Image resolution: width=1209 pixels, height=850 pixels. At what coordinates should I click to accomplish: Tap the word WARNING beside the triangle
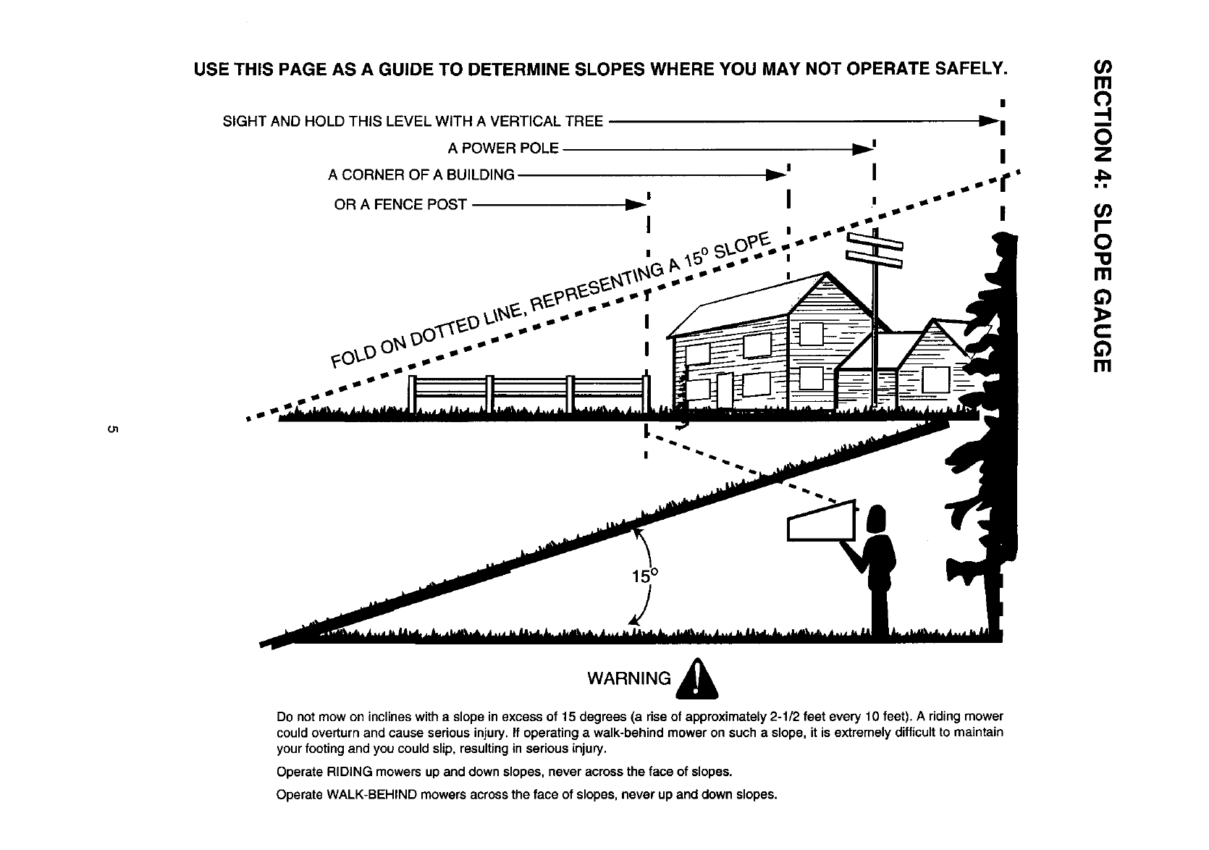point(629,678)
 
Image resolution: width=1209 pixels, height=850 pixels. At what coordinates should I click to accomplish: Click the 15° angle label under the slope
point(645,577)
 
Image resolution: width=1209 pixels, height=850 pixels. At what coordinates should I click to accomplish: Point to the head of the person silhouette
point(876,518)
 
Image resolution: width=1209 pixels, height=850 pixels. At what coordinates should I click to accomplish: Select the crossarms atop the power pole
point(875,249)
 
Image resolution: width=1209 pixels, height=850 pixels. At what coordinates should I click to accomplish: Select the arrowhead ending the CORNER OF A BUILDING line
point(776,175)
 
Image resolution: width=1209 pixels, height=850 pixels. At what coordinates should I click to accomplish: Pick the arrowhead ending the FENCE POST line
point(636,205)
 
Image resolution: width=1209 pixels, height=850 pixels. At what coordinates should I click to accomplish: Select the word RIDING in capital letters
point(342,772)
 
